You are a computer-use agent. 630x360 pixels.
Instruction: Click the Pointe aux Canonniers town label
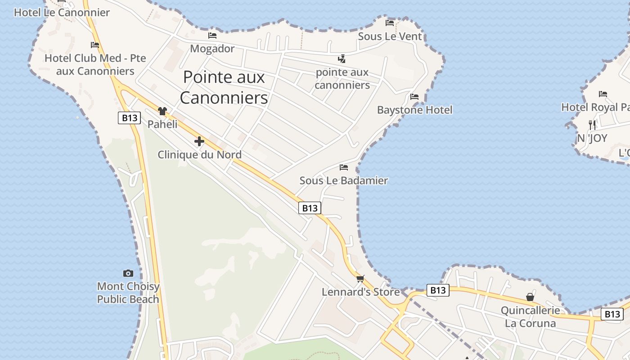224,87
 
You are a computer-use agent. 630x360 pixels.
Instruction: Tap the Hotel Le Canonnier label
62,13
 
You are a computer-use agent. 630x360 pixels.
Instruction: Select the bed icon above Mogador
212,36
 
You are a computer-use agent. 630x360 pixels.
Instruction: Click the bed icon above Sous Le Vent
390,23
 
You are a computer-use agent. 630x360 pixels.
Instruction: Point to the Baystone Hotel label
414,110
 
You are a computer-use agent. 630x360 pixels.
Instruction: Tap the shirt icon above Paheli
162,111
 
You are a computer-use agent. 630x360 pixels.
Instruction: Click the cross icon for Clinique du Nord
199,142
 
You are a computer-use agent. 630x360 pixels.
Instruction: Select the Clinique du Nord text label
199,155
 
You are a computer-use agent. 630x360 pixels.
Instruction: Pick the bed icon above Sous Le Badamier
344,167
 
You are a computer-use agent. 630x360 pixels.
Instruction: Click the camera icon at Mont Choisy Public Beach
128,273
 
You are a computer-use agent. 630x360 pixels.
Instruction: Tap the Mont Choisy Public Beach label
128,293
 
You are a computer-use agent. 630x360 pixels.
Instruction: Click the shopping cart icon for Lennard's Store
360,279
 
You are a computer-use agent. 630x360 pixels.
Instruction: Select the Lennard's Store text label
360,292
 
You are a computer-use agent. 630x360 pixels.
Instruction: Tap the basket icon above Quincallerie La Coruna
530,297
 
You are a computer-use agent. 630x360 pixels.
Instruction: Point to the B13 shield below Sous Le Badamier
310,208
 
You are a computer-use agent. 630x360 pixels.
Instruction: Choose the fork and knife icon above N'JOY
592,125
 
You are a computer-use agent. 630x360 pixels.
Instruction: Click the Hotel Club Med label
95,65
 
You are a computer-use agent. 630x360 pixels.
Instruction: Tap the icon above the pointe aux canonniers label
342,59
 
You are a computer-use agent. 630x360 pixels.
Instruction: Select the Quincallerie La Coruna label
530,317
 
